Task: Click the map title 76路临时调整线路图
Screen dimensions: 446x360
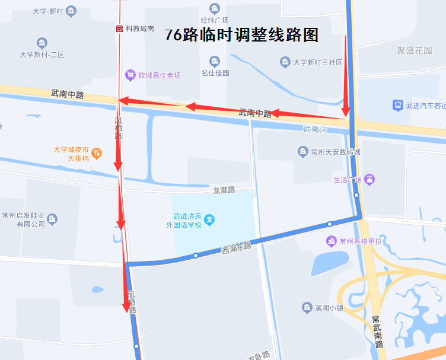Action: [241, 35]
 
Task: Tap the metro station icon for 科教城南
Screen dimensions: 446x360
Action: [119, 28]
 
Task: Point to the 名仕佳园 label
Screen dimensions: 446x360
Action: [215, 73]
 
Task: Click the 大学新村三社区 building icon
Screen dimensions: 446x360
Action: [285, 62]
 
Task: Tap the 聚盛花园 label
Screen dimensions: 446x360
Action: [415, 50]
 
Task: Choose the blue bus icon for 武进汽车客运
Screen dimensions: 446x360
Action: [397, 106]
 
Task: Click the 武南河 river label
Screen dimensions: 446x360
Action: [315, 129]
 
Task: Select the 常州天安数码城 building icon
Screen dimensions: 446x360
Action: [303, 152]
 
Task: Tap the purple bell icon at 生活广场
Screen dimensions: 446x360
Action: [370, 179]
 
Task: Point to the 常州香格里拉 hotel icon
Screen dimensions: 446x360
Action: [331, 241]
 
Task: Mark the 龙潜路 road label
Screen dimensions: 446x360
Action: [224, 190]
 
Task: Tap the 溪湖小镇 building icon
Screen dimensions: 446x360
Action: [307, 307]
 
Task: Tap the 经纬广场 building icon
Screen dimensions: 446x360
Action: [215, 8]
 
